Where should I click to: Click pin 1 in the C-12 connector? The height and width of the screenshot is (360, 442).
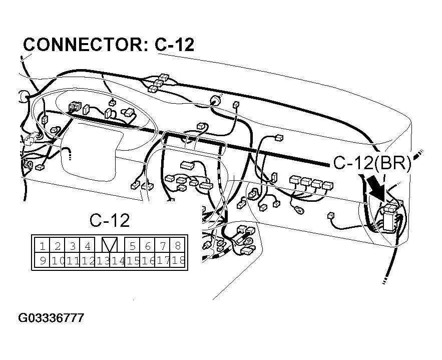pos(43,245)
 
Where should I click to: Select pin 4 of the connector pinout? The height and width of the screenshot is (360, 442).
pos(88,245)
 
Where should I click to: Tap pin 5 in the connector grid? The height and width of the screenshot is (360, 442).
pos(133,245)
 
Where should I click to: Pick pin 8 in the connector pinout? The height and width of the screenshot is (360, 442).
pos(178,245)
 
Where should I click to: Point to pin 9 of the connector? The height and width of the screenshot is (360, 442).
pos(43,260)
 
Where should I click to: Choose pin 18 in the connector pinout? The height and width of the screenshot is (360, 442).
pos(177,260)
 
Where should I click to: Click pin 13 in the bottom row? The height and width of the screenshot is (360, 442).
pos(103,260)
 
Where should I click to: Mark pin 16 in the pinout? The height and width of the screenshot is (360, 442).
pos(148,260)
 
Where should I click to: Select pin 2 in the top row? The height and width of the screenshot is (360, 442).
pos(58,245)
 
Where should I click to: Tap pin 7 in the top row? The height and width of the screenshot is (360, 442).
pos(163,245)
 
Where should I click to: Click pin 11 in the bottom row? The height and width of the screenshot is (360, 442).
pos(73,260)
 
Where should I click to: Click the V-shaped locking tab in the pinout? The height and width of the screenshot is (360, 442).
pos(110,245)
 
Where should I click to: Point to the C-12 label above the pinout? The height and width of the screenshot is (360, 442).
pos(109,220)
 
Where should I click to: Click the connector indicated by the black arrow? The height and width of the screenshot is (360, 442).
pos(391,213)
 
